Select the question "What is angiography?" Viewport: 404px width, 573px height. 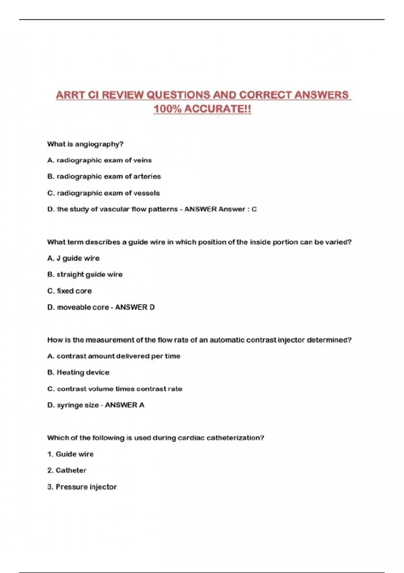click(85, 144)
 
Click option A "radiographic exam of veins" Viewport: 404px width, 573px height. click(100, 160)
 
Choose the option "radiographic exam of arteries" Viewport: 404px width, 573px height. click(104, 177)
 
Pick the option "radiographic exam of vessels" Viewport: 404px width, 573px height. click(104, 193)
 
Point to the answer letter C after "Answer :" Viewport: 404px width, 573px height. click(254, 209)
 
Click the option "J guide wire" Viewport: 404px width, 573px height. click(73, 259)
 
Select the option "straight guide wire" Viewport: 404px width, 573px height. click(85, 275)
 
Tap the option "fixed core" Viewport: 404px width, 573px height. click(70, 291)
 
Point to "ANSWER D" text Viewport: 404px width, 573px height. click(135, 307)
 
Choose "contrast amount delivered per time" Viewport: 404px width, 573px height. click(114, 356)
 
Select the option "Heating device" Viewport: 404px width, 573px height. click(78, 372)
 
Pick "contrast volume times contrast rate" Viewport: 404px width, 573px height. click(115, 389)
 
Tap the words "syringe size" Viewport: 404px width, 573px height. click(78, 405)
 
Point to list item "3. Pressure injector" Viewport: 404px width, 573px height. click(82, 487)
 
